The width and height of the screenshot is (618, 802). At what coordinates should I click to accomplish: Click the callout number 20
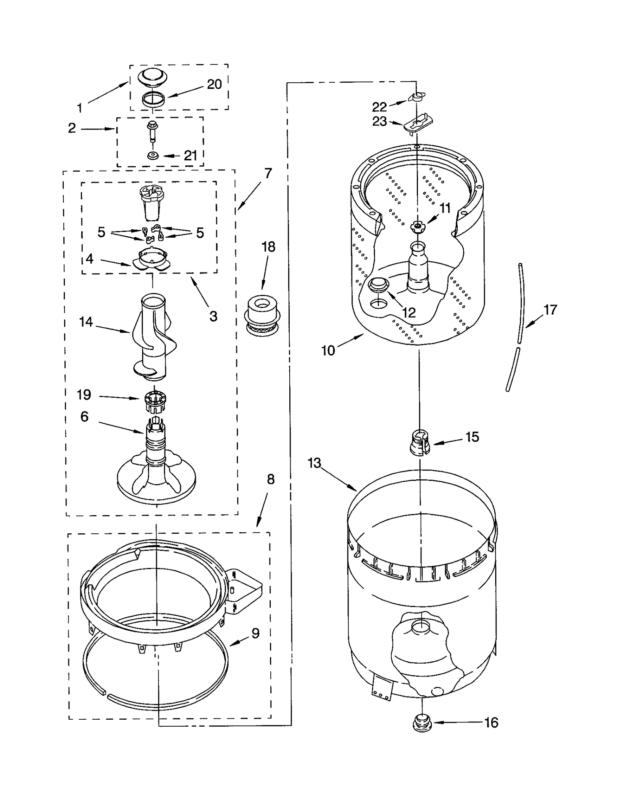click(214, 84)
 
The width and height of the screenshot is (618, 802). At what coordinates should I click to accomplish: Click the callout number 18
click(268, 247)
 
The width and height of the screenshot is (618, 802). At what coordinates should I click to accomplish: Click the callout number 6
click(84, 417)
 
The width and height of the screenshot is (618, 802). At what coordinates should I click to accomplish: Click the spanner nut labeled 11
click(417, 226)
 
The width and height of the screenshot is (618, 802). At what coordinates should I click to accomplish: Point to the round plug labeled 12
click(379, 285)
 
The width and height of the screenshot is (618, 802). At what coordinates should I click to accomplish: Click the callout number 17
click(550, 310)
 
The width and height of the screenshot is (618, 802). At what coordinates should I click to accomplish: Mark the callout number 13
click(314, 463)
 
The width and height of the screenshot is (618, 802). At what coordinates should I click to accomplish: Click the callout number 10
click(328, 351)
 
